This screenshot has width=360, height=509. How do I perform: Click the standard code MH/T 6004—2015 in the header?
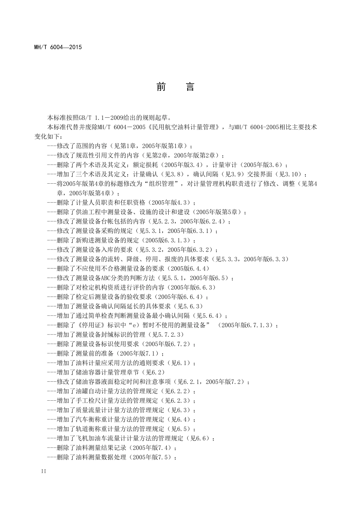tap(58, 47)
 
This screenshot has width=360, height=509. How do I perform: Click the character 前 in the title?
tap(161, 87)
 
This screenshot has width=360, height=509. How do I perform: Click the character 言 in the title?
tap(190, 87)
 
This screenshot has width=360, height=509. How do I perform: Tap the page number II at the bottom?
tap(43, 472)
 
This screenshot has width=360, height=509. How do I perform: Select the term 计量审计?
tap(225, 165)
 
